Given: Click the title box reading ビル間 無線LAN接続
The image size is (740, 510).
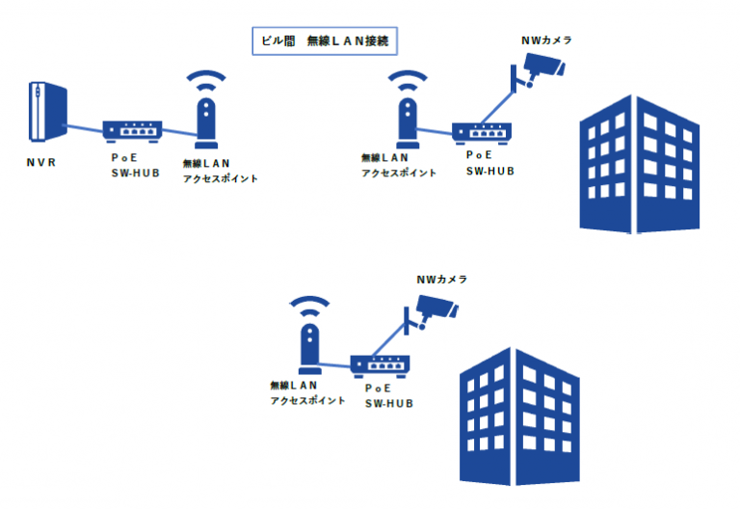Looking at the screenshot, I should coord(325,42).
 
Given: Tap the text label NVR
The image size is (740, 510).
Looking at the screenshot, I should coord(40,163).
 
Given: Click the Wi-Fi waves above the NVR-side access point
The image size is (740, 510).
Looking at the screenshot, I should coord(206,79).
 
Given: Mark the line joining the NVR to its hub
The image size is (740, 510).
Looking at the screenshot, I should coord(86,126).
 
